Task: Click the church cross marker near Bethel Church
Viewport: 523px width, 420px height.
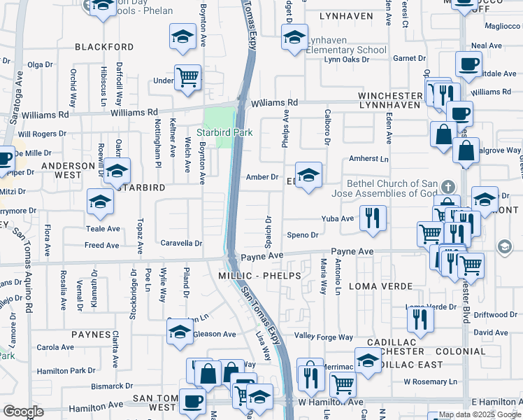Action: [448, 187]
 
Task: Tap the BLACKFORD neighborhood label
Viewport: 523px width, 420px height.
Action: [105, 47]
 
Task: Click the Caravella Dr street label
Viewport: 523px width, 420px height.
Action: [182, 244]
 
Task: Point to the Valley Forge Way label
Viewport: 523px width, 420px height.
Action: [320, 336]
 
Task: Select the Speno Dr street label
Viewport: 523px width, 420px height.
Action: [303, 235]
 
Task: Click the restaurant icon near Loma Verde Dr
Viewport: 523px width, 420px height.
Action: [420, 319]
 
